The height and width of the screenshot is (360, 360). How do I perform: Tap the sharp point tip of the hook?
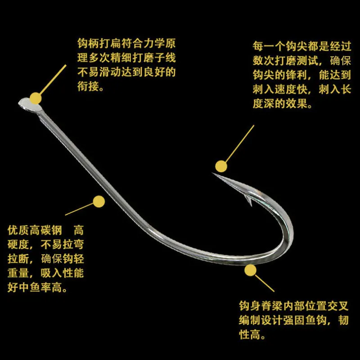click(x=212, y=173)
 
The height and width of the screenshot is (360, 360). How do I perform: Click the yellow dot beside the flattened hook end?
click(x=36, y=99)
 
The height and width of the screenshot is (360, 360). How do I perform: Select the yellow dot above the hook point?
click(x=221, y=166)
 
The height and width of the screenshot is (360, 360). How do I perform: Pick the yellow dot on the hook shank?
click(x=99, y=202)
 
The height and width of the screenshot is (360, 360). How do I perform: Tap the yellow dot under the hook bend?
click(x=250, y=270)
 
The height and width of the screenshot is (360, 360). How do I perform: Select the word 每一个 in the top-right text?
click(x=269, y=46)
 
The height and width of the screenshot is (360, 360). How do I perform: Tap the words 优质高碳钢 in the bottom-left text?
click(x=35, y=230)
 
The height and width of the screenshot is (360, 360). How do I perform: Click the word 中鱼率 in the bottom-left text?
click(x=35, y=288)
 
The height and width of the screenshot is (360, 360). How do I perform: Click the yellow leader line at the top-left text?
click(x=53, y=79)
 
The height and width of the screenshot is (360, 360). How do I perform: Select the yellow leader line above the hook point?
click(x=240, y=144)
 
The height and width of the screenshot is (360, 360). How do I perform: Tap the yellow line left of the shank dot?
click(x=80, y=209)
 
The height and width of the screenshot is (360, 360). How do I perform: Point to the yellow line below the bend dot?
click(x=265, y=283)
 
